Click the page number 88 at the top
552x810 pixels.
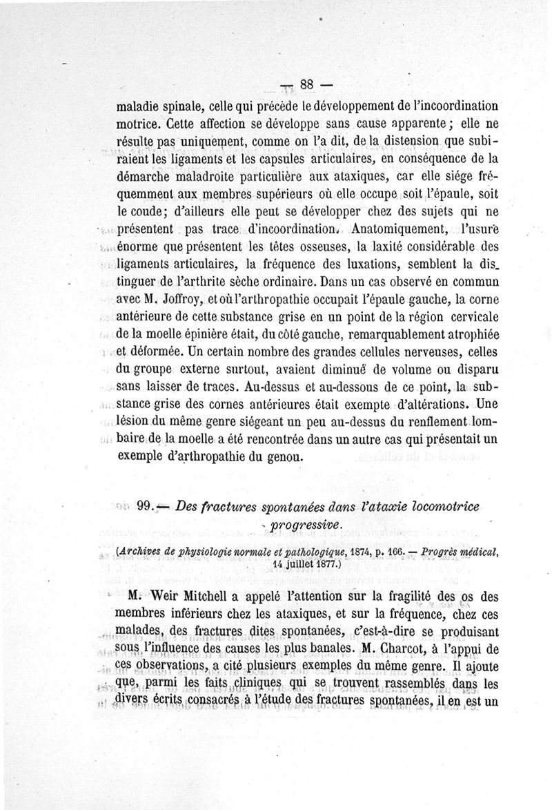(x=307, y=84)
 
